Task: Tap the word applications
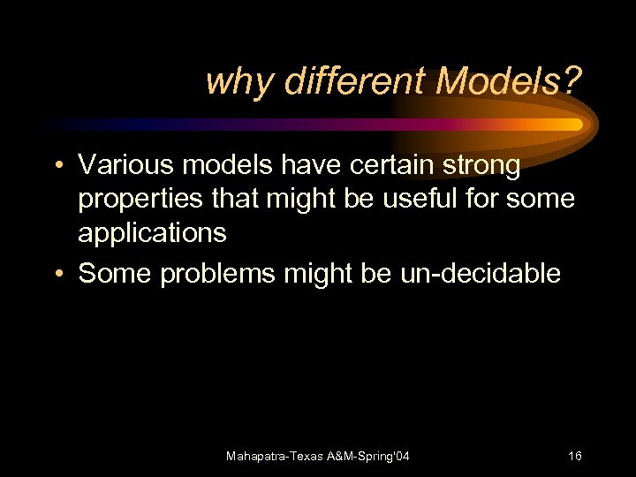click(x=152, y=234)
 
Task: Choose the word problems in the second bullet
click(x=218, y=275)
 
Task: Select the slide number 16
click(x=574, y=456)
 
